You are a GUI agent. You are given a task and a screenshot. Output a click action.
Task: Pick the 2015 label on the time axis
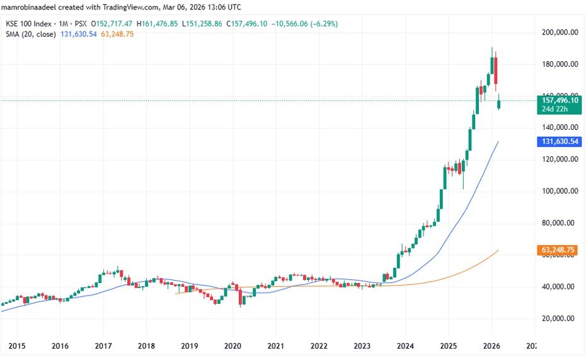click(17, 346)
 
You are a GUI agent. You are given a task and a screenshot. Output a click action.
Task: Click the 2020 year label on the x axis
click(233, 346)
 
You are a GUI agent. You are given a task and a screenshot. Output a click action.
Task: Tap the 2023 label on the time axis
click(362, 346)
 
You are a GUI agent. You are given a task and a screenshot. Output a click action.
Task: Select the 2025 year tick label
click(448, 346)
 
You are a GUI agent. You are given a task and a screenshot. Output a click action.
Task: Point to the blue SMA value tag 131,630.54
click(560, 142)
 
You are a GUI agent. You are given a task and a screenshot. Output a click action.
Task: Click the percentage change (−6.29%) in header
click(324, 23)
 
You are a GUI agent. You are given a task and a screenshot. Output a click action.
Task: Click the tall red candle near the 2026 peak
click(496, 71)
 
